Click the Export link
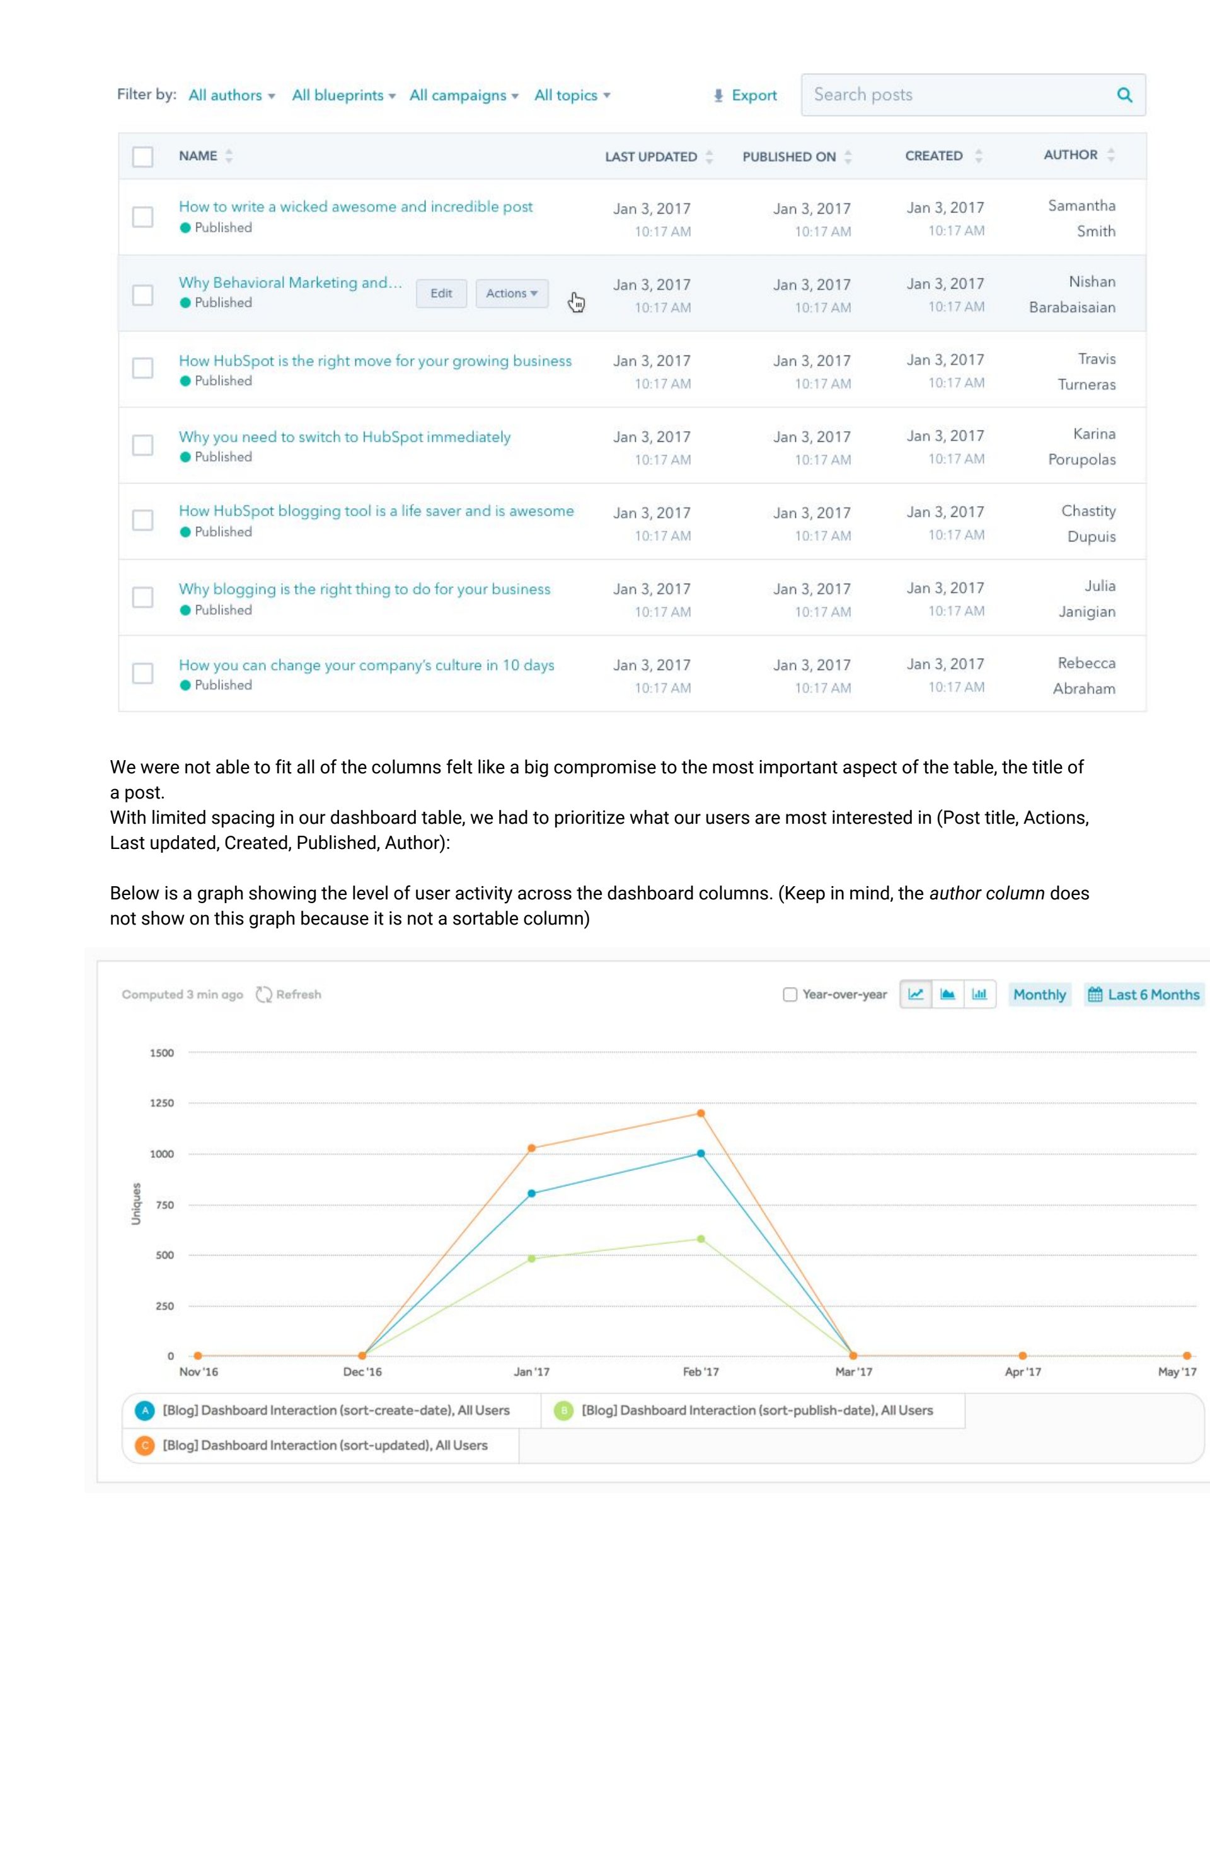(x=745, y=95)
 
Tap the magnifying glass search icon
(x=1124, y=95)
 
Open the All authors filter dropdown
(x=231, y=95)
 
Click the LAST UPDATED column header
(x=650, y=156)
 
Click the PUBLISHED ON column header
(x=789, y=156)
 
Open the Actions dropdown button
(x=512, y=293)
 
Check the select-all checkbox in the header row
(x=143, y=156)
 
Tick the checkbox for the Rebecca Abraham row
(x=143, y=673)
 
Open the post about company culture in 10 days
(x=366, y=665)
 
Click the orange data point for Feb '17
(x=701, y=1112)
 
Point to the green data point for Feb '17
(x=701, y=1239)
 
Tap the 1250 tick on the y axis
(x=162, y=1103)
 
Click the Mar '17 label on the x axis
(x=853, y=1372)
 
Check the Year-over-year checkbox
(x=790, y=995)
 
